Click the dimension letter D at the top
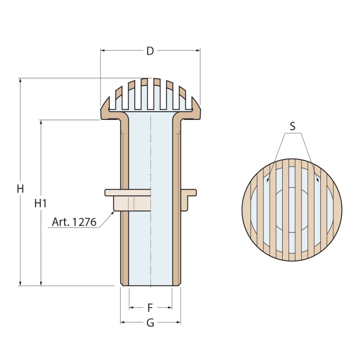click(x=150, y=51)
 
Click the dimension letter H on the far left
click(x=21, y=188)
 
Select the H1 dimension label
click(x=41, y=203)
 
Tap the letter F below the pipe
click(x=150, y=308)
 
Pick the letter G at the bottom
click(x=150, y=323)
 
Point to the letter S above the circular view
click(x=292, y=126)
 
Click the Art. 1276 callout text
click(x=74, y=222)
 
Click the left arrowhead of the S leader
click(x=268, y=180)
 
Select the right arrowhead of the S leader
click(x=317, y=180)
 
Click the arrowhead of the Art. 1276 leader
click(x=113, y=213)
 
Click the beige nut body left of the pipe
click(x=132, y=203)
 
